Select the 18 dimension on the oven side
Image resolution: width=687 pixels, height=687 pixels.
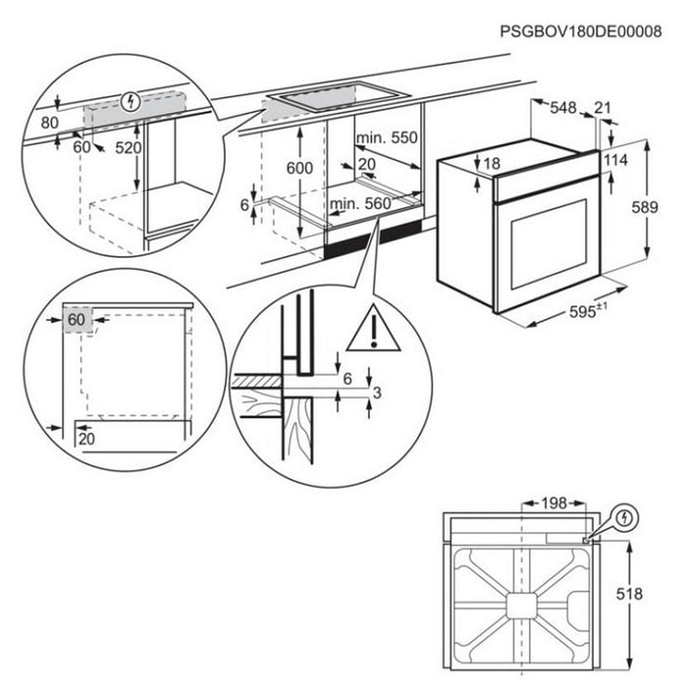pos(492,162)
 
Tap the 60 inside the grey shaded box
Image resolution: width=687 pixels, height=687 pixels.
pos(78,319)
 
